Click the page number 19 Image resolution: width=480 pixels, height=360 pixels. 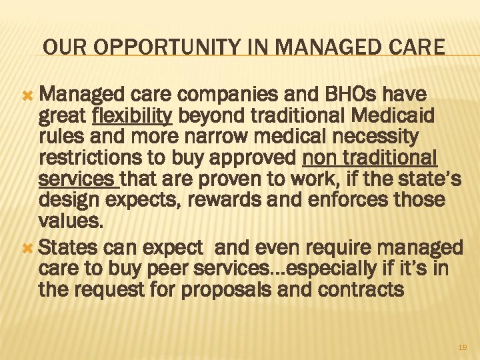[463, 347]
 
